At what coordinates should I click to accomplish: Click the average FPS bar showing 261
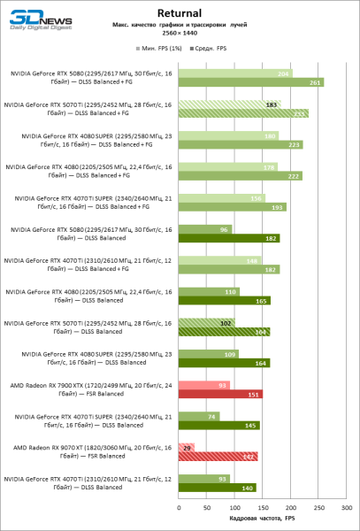pyautogui.click(x=250, y=82)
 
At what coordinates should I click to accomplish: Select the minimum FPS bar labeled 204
pyautogui.click(x=234, y=73)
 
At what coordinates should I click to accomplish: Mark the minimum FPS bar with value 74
pyautogui.click(x=198, y=416)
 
